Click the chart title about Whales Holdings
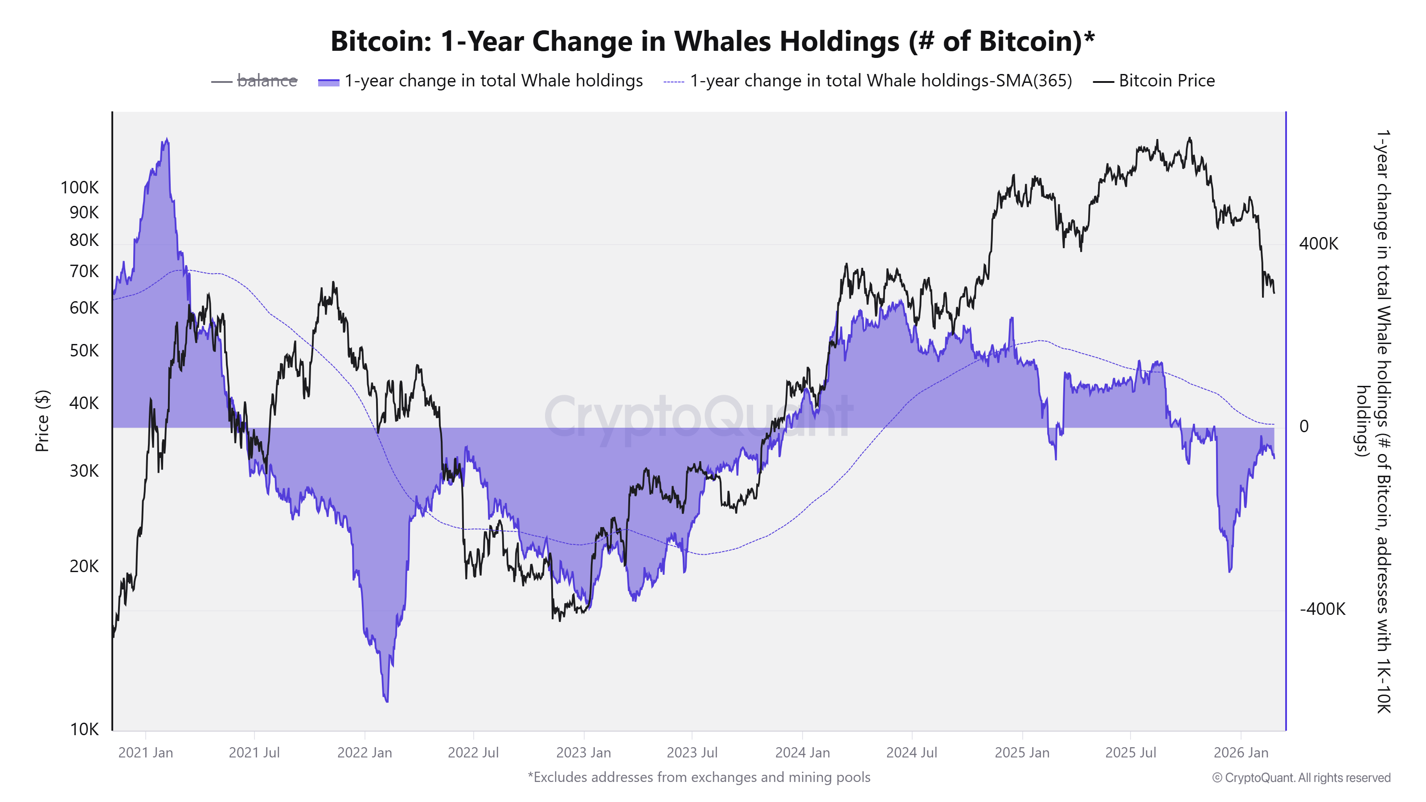(713, 41)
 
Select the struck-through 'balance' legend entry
(267, 81)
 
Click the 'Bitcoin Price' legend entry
(1166, 81)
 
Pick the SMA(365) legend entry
(880, 81)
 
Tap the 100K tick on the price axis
(80, 188)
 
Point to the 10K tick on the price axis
(84, 729)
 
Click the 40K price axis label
(84, 403)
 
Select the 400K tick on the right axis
(1319, 244)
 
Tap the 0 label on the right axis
(1304, 426)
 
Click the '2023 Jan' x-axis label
(583, 753)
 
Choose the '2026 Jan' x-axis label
(1241, 753)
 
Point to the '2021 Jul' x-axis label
(254, 753)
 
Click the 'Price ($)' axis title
(42, 421)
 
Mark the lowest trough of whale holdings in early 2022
(386, 701)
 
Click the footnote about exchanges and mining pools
(699, 777)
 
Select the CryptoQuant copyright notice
(1301, 777)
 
